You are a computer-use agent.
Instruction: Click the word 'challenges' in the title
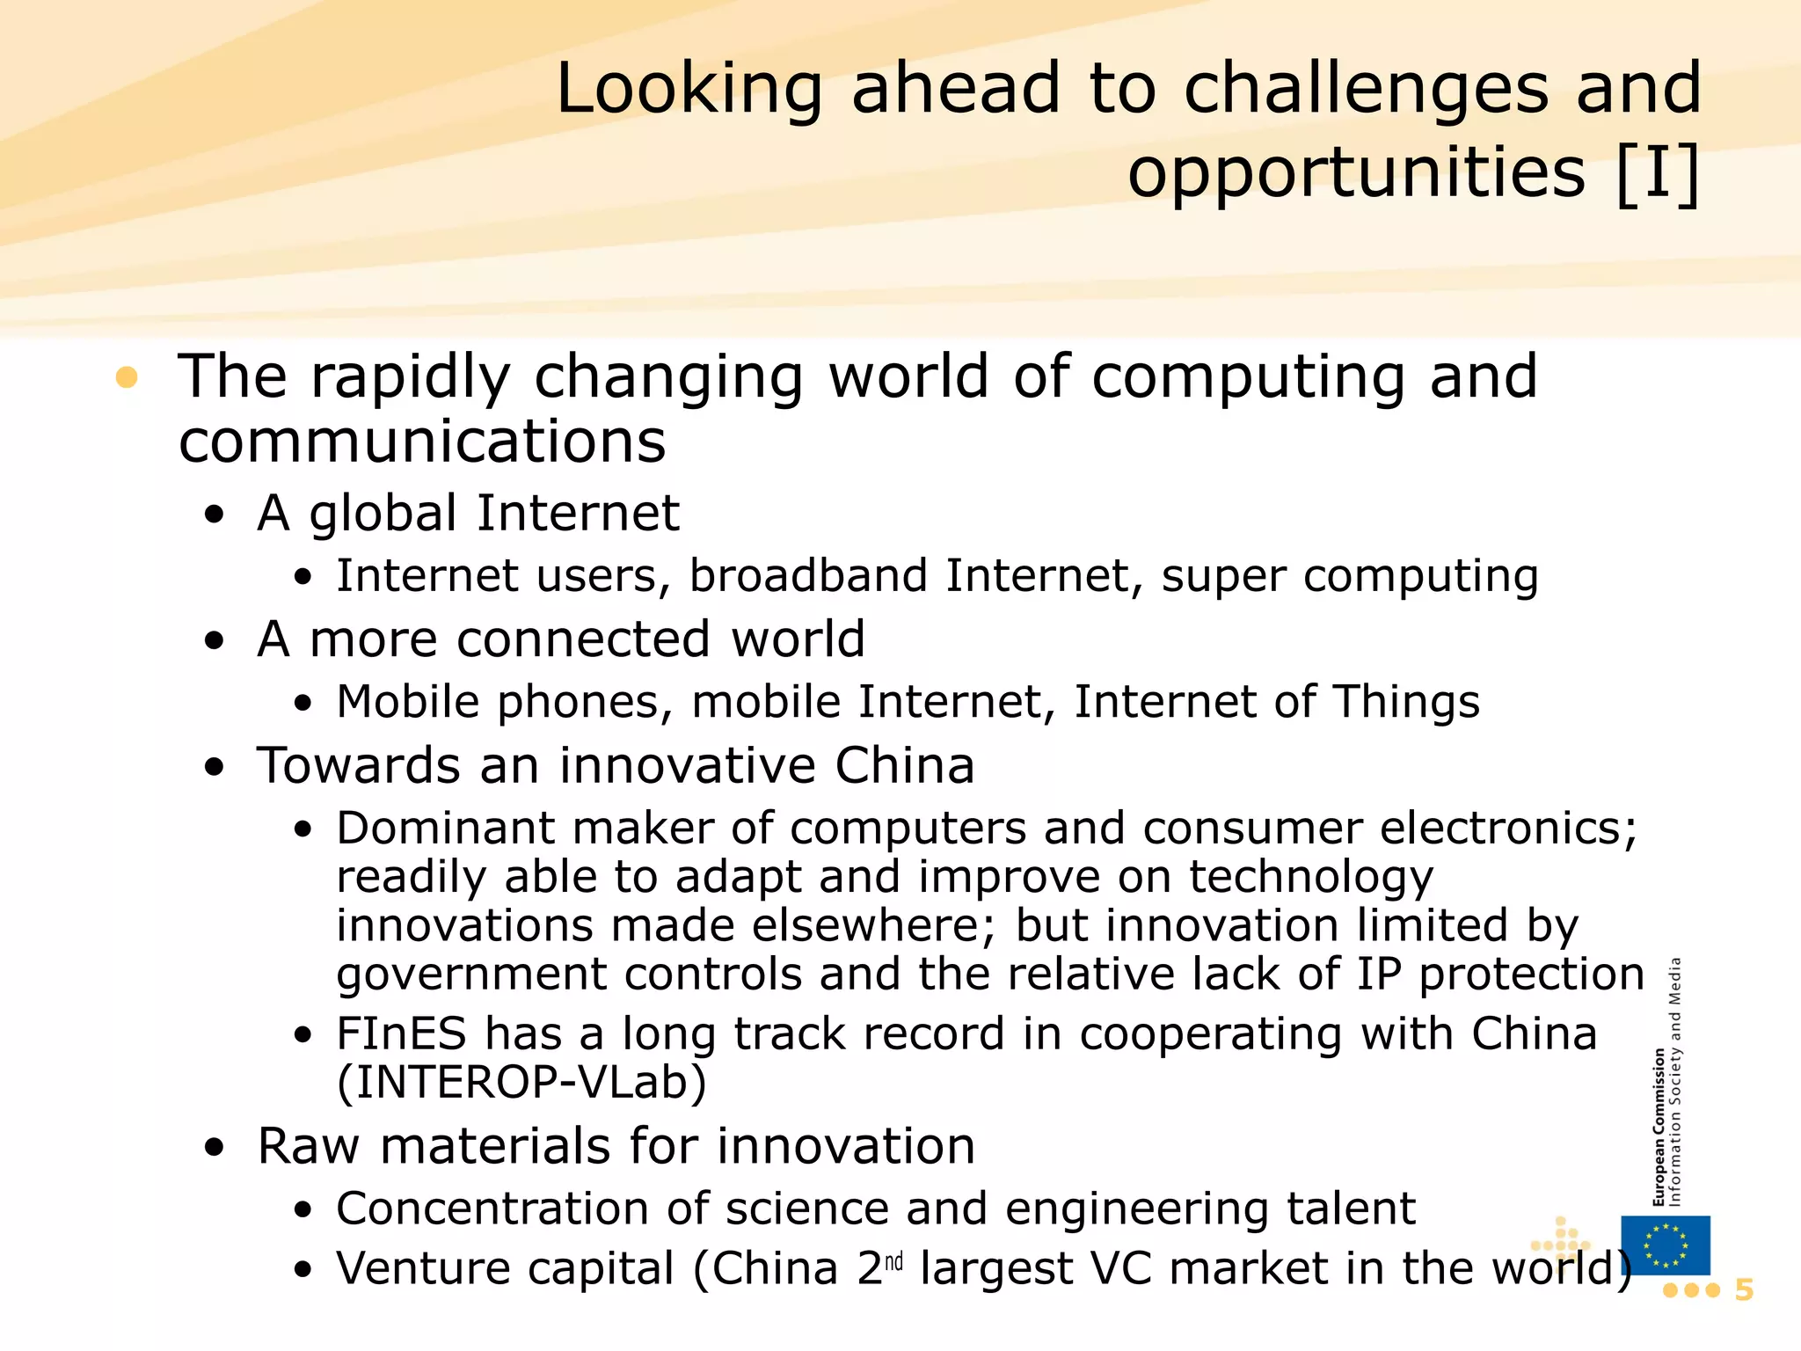pyautogui.click(x=1366, y=90)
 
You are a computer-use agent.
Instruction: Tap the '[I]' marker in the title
pyautogui.click(x=1658, y=173)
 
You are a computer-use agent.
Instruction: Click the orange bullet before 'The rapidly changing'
pyautogui.click(x=127, y=377)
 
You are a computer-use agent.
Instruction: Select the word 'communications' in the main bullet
pyautogui.click(x=422, y=442)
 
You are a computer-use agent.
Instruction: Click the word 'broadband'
pyautogui.click(x=808, y=576)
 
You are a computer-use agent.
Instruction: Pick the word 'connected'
pyautogui.click(x=583, y=639)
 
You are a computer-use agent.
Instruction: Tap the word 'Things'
pyautogui.click(x=1406, y=703)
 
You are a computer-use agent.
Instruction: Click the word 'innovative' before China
pyautogui.click(x=686, y=765)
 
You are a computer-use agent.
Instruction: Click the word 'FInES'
pyautogui.click(x=401, y=1033)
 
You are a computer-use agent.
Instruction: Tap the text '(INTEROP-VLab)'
pyautogui.click(x=521, y=1083)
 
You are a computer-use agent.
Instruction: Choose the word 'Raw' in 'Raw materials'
pyautogui.click(x=308, y=1147)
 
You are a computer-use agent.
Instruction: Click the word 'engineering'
pyautogui.click(x=1136, y=1209)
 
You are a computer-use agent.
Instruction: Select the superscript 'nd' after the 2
pyautogui.click(x=893, y=1263)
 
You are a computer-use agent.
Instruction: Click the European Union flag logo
pyautogui.click(x=1665, y=1245)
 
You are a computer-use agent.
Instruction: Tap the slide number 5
pyautogui.click(x=1744, y=1290)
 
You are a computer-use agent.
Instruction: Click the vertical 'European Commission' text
pyautogui.click(x=1659, y=1126)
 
